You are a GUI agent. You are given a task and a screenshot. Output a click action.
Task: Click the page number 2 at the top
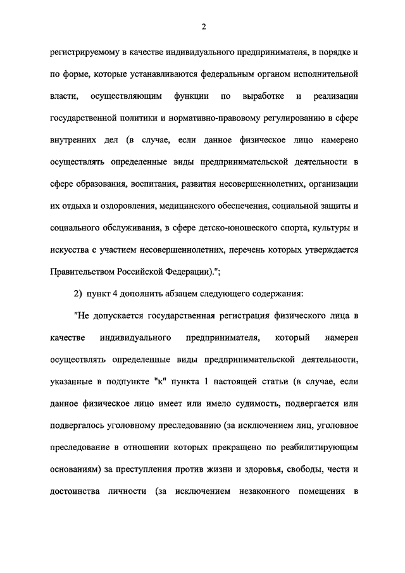click(202, 25)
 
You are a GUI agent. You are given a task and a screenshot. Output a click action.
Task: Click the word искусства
click(68, 249)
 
